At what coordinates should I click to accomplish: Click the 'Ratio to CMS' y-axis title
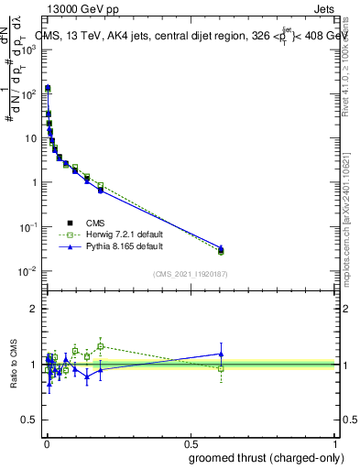tap(15, 365)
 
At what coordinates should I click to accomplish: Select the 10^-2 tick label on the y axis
tap(27, 271)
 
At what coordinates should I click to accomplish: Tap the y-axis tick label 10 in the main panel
tap(29, 138)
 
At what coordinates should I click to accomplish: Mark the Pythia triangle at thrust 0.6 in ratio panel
tap(221, 354)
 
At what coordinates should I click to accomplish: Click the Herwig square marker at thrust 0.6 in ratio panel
tap(221, 368)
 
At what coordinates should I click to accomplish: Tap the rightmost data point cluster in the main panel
tap(221, 249)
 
